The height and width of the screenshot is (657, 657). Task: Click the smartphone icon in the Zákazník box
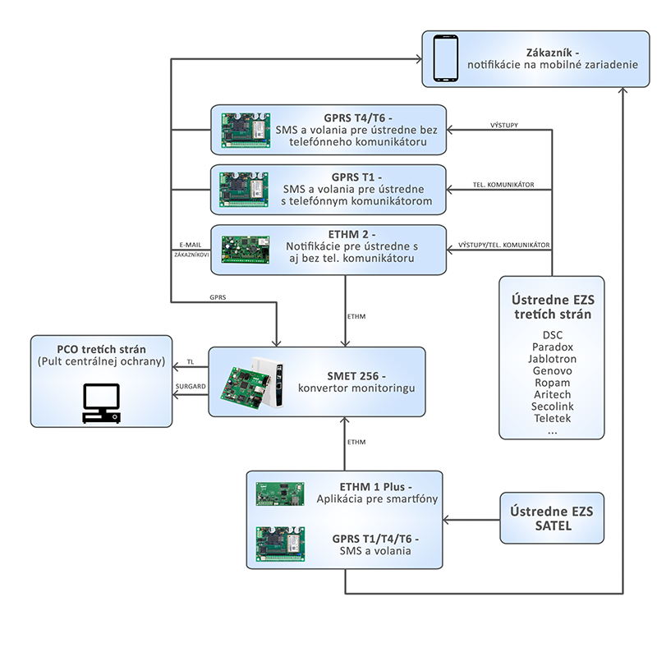point(445,58)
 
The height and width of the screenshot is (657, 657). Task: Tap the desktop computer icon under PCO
point(101,403)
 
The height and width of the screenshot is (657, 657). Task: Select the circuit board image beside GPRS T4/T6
point(246,130)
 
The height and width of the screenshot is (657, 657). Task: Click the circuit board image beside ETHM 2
point(246,250)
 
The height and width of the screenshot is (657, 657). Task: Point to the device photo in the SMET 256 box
point(252,382)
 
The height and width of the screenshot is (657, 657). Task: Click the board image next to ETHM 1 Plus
point(280,494)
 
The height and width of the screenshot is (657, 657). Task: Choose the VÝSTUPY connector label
point(504,126)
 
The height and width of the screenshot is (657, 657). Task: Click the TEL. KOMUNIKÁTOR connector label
point(503,185)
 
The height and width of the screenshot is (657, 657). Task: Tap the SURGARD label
point(191,386)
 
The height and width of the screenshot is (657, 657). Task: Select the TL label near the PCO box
point(191,362)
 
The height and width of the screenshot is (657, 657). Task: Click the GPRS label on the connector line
point(218,297)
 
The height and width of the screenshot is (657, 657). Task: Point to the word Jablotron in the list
point(552,359)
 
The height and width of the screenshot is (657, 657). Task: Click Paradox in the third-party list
point(552,347)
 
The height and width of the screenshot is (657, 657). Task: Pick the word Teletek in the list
point(552,418)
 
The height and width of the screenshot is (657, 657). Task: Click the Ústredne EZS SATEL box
point(552,518)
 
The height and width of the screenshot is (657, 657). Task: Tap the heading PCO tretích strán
point(101,350)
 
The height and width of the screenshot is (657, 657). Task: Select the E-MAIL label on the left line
point(191,245)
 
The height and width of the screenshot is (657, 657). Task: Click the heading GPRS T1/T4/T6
point(375,539)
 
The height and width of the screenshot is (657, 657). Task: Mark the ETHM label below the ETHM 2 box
point(356,317)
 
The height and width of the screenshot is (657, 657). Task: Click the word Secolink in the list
point(552,407)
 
